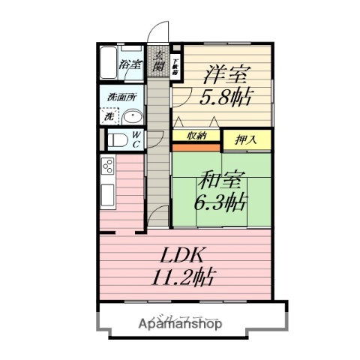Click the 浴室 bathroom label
click(x=131, y=65)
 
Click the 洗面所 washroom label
click(x=120, y=97)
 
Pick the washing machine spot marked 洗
click(x=109, y=117)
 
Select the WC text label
click(x=137, y=139)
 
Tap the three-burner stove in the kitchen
click(x=106, y=166)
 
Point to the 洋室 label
click(x=226, y=76)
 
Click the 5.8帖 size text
click(x=226, y=97)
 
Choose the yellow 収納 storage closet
click(x=197, y=136)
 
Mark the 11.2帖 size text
click(x=181, y=277)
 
